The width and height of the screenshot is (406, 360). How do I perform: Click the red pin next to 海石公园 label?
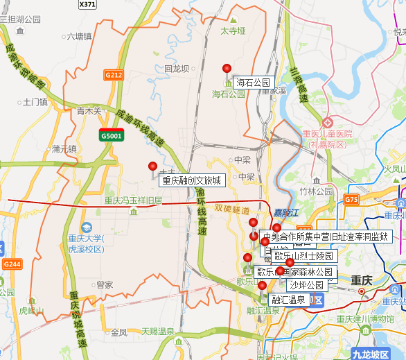[x=227, y=68]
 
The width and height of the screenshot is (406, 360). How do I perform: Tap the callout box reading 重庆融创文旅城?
[x=192, y=181]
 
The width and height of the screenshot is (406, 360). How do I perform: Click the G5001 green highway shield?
[x=111, y=135]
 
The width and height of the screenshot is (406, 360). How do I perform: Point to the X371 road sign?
[x=88, y=4]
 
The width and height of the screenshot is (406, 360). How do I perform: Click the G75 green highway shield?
[x=351, y=200]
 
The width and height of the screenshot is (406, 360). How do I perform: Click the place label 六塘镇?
[x=78, y=37]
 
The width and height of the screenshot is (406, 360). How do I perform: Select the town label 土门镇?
[x=35, y=102]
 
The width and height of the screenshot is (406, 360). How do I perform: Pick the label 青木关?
[x=89, y=111]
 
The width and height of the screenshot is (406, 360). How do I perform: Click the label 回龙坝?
[x=177, y=69]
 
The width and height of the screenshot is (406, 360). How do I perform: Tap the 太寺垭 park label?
[x=233, y=31]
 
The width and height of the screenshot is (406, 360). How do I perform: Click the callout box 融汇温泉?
[x=288, y=300]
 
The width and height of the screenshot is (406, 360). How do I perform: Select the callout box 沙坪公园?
[x=306, y=285]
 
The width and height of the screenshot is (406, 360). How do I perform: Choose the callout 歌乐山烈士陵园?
[x=304, y=257]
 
